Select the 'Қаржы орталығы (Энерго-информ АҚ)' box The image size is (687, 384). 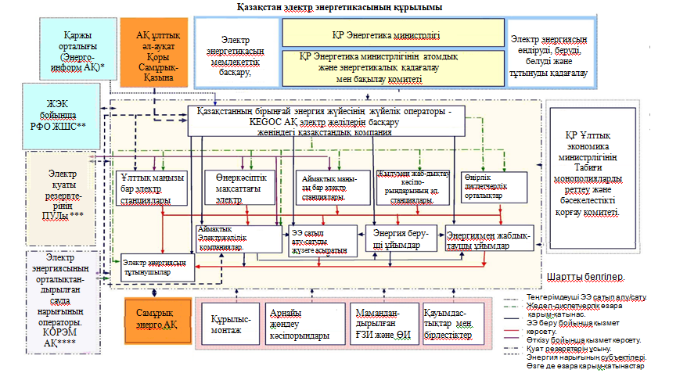point(77,51)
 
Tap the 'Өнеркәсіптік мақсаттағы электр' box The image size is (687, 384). point(234,188)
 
